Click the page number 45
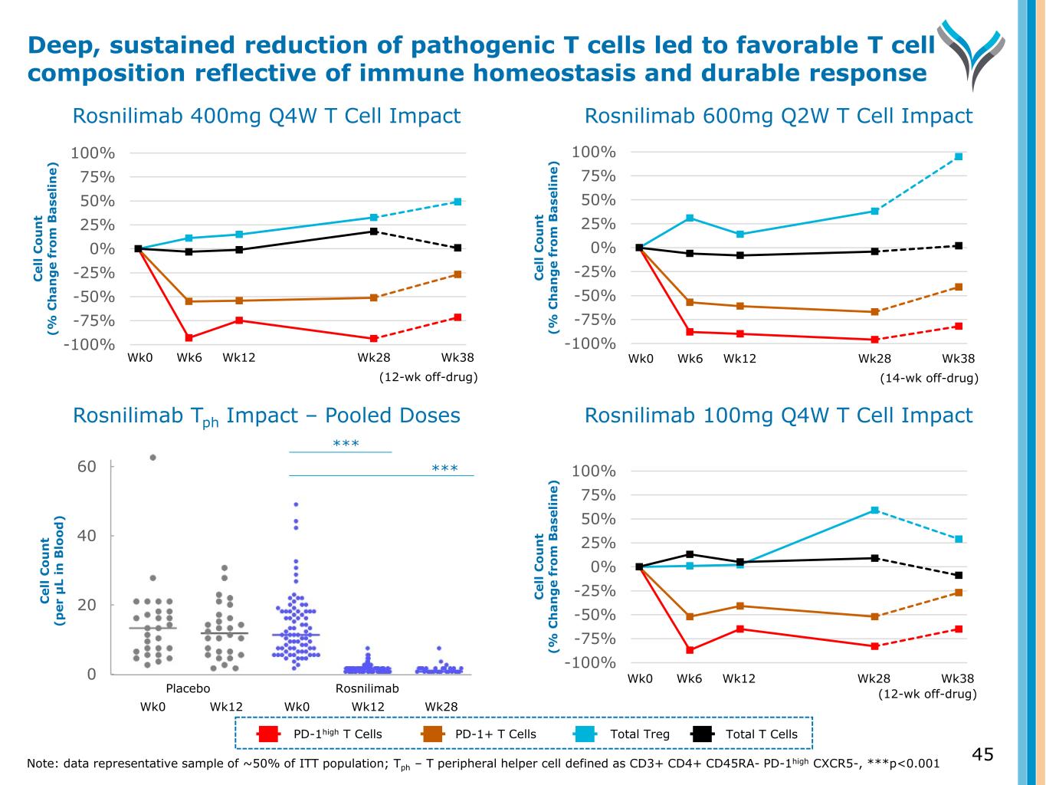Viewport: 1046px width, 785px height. point(982,755)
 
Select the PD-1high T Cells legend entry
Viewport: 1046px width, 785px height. point(323,734)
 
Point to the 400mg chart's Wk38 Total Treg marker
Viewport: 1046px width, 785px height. point(457,202)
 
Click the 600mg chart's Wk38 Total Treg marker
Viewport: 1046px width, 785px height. point(959,156)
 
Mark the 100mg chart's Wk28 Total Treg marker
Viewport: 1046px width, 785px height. point(874,510)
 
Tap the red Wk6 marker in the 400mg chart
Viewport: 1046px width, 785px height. point(189,337)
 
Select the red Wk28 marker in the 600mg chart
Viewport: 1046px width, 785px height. point(874,340)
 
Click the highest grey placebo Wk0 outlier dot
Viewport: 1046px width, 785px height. point(152,458)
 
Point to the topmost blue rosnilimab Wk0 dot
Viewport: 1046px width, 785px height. point(296,504)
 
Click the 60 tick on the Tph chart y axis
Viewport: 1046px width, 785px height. point(87,466)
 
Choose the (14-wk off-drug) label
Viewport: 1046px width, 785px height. point(929,378)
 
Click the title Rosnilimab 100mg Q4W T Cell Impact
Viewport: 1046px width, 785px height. point(778,415)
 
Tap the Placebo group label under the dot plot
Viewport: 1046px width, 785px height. point(188,688)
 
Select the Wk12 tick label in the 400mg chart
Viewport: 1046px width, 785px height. point(239,357)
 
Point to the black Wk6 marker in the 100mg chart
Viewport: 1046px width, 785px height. point(690,554)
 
